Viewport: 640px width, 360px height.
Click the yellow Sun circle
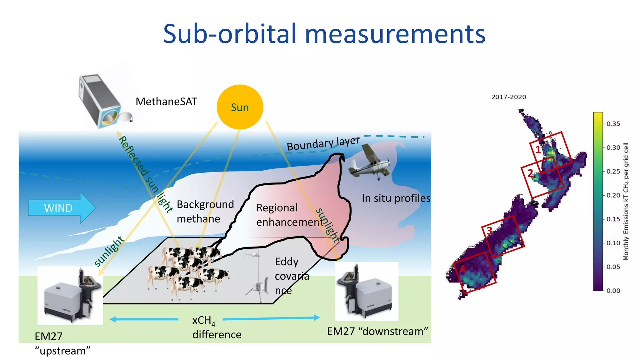(240, 107)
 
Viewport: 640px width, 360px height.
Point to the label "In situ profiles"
(396, 198)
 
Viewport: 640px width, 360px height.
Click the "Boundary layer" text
(323, 143)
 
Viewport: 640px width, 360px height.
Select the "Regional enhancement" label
(289, 215)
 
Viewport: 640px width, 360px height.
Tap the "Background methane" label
(205, 211)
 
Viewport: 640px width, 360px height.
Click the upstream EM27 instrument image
(70, 295)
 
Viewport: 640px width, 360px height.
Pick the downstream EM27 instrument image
(367, 291)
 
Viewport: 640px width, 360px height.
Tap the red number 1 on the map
(538, 150)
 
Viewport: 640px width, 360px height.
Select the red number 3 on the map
(489, 231)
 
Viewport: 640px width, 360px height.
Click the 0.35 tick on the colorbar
(613, 124)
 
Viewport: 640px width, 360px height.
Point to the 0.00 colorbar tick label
(613, 291)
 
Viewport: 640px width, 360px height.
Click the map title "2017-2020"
(508, 97)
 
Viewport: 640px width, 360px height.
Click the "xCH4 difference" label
(217, 327)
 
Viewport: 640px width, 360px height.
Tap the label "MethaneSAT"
(166, 102)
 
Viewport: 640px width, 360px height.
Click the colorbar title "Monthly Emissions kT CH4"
(626, 202)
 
